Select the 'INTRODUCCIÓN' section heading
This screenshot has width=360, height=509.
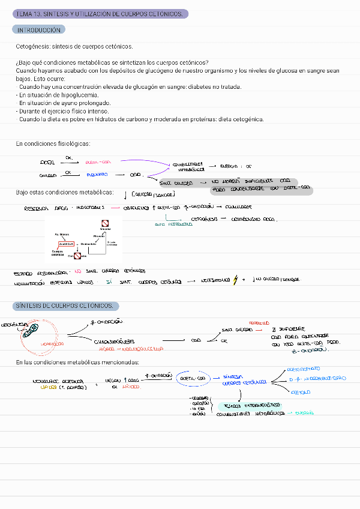pyautogui.click(x=40, y=30)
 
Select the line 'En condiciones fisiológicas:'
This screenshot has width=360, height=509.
pyautogui.click(x=53, y=144)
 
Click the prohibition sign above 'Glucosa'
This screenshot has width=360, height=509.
pyautogui.click(x=104, y=223)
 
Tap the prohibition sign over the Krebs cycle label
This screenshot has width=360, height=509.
pyautogui.click(x=77, y=256)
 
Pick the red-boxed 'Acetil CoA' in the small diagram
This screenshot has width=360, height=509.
pyautogui.click(x=66, y=244)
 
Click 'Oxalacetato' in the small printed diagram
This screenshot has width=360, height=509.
pyautogui.click(x=89, y=244)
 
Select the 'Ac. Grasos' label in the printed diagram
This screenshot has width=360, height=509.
pyautogui.click(x=62, y=234)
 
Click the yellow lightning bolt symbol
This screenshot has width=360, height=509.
pyautogui.click(x=236, y=280)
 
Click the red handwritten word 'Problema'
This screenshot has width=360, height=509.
pyautogui.click(x=259, y=323)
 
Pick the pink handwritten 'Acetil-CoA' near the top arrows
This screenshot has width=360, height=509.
pyautogui.click(x=98, y=162)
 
